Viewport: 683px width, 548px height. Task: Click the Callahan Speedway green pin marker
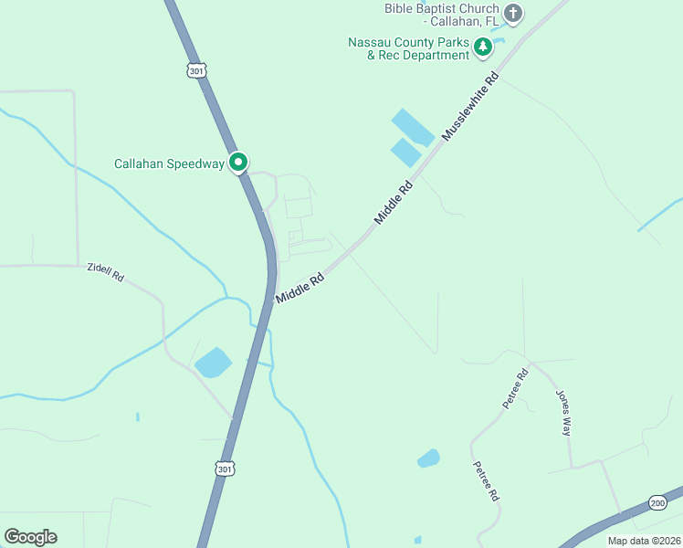tap(238, 163)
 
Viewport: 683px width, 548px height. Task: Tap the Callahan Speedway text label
tap(169, 164)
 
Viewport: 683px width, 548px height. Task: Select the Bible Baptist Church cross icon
tap(513, 14)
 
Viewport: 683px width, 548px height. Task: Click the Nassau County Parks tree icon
tap(483, 46)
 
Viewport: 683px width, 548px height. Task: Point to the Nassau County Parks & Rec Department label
tap(408, 49)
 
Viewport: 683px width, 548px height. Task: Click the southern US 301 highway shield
tap(224, 469)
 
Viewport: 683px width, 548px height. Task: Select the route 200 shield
tap(657, 503)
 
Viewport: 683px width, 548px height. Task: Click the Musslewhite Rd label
tap(472, 107)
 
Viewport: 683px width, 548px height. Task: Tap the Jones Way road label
tap(563, 413)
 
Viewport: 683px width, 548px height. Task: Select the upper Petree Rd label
tap(515, 388)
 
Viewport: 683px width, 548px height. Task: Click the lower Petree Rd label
tap(485, 480)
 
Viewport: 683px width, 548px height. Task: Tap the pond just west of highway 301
tap(213, 363)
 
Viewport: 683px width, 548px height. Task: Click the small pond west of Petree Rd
tap(428, 458)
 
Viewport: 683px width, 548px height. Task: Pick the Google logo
tap(30, 537)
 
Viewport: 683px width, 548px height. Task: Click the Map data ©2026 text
tap(643, 541)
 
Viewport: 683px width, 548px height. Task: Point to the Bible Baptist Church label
tap(442, 15)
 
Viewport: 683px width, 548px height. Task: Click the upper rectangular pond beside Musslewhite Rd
tap(413, 127)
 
